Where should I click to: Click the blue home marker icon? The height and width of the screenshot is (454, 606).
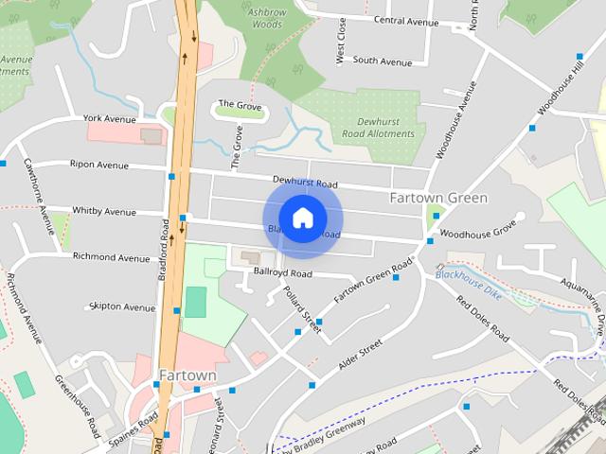click(x=302, y=218)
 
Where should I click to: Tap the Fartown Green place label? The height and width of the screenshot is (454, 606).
click(x=438, y=198)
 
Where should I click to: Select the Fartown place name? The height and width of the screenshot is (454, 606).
click(x=187, y=375)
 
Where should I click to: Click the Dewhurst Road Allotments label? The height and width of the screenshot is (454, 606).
click(x=385, y=128)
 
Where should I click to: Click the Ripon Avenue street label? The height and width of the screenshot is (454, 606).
click(x=98, y=165)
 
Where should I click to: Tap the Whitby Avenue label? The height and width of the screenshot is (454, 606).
click(x=104, y=211)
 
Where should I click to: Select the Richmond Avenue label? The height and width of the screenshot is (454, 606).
click(x=112, y=257)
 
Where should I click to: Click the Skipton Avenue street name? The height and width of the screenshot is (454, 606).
click(x=121, y=307)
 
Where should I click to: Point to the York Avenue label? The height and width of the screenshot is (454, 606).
click(x=110, y=119)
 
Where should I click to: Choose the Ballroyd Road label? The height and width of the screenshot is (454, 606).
click(x=282, y=273)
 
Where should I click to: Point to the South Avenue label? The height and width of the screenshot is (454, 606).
click(x=383, y=61)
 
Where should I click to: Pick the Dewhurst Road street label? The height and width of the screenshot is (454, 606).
click(x=305, y=183)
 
